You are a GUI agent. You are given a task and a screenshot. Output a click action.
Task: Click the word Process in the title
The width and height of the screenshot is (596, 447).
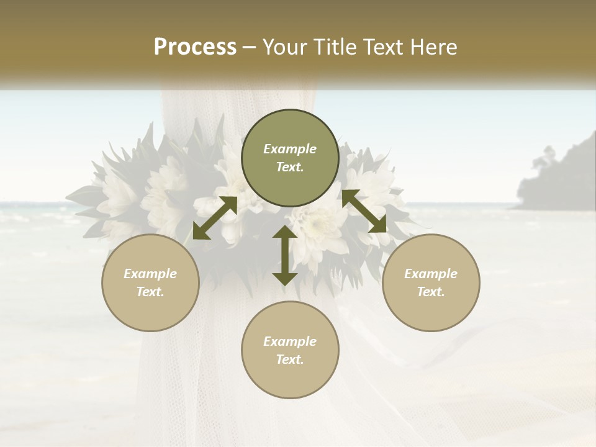click(195, 47)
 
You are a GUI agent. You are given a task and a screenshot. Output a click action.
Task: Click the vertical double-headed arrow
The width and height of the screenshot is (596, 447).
click(284, 255)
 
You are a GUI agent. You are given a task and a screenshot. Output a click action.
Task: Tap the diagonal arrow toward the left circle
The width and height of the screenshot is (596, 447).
click(215, 218)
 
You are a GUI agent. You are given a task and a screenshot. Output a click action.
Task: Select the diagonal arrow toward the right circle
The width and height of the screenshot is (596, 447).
click(364, 211)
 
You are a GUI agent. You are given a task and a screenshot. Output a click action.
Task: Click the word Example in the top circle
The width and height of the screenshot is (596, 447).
click(290, 149)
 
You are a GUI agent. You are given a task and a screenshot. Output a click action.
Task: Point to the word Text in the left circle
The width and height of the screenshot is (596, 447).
click(150, 292)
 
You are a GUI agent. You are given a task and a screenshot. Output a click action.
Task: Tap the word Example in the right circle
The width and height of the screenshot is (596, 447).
click(431, 274)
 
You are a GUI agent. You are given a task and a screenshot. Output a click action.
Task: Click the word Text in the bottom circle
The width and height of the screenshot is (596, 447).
click(290, 359)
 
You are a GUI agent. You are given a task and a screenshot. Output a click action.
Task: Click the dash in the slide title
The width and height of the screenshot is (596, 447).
click(250, 47)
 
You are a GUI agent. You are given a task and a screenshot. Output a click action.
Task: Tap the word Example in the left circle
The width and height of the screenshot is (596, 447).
click(150, 274)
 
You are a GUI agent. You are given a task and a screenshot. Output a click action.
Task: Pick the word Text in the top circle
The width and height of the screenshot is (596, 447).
click(290, 167)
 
